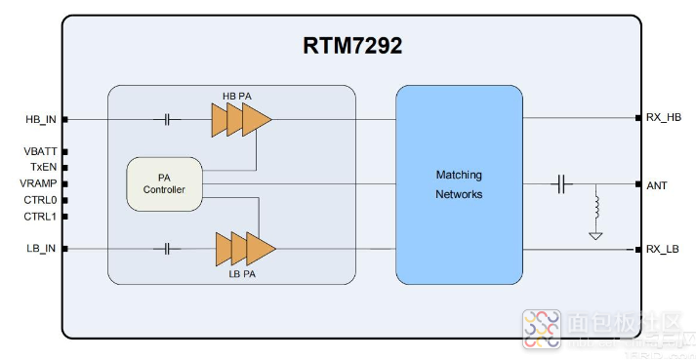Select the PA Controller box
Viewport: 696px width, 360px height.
pyautogui.click(x=165, y=183)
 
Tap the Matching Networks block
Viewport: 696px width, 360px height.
pyautogui.click(x=459, y=184)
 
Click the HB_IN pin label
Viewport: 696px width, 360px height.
pyautogui.click(x=42, y=120)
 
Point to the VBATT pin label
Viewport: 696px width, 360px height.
pyautogui.click(x=42, y=152)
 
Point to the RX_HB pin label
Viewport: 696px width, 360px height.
pyautogui.click(x=664, y=118)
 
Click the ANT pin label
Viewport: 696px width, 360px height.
pyautogui.click(x=656, y=183)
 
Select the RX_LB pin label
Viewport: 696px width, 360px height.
pyautogui.click(x=664, y=249)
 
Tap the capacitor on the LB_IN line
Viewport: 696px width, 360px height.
pyautogui.click(x=167, y=249)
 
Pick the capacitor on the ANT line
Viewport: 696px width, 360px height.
pyautogui.click(x=561, y=183)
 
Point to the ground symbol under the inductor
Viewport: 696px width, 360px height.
pyautogui.click(x=594, y=234)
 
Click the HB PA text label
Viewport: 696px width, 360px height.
pyautogui.click(x=238, y=95)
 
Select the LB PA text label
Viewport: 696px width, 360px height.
pyautogui.click(x=240, y=275)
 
